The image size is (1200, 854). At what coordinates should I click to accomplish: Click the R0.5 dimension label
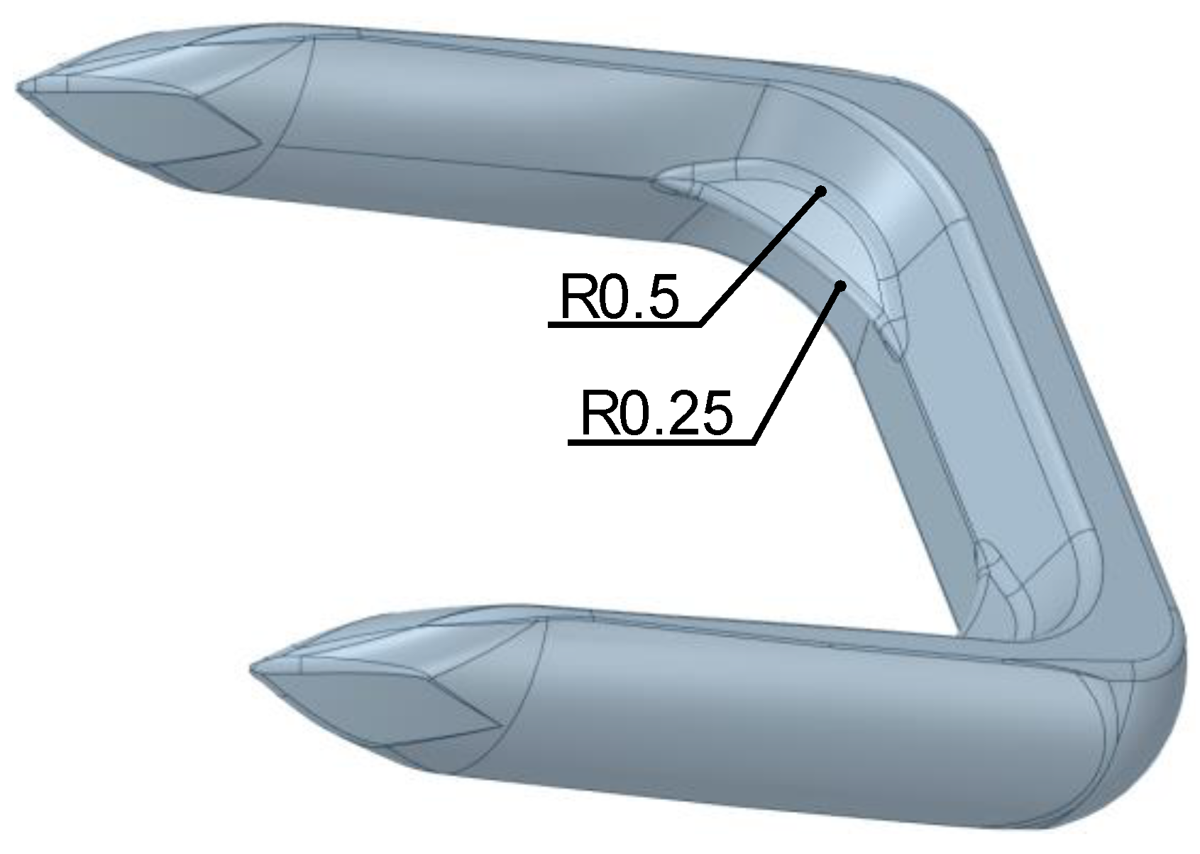click(x=619, y=297)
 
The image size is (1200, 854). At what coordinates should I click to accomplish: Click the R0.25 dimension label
click(x=655, y=415)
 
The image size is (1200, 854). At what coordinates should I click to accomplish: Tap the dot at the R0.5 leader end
click(x=821, y=191)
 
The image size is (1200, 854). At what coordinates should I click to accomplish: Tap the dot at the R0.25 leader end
click(x=841, y=285)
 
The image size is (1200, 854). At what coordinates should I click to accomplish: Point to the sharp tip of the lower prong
click(x=253, y=669)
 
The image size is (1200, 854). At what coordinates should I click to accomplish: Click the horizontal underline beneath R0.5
click(x=624, y=324)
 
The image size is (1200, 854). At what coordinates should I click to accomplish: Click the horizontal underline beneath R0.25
click(x=660, y=443)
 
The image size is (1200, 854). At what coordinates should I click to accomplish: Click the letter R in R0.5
click(x=576, y=297)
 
